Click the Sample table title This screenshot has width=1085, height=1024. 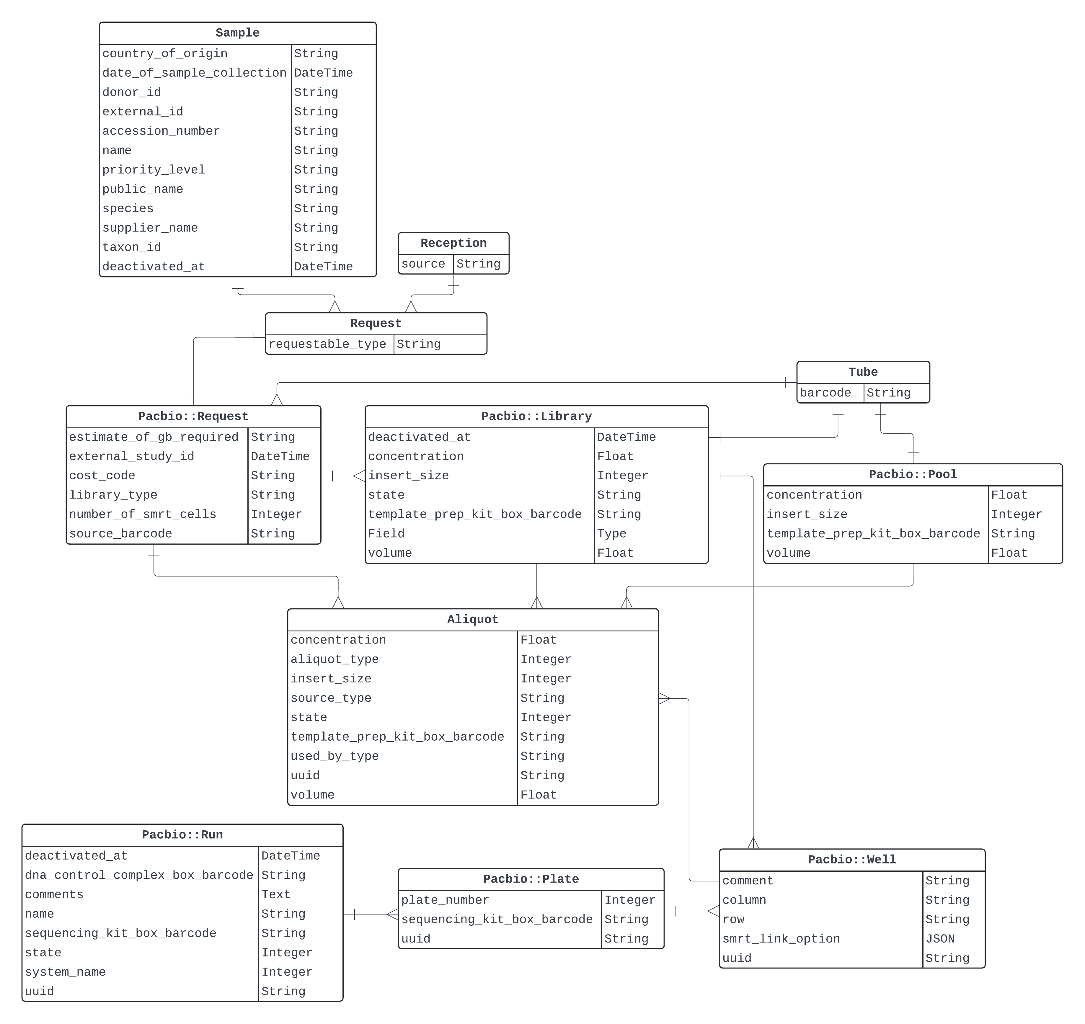click(x=238, y=33)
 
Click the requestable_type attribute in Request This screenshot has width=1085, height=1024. click(x=327, y=344)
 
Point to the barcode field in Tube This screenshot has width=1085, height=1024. click(x=825, y=393)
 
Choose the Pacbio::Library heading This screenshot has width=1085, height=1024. click(x=536, y=417)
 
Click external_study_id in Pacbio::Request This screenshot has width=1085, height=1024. click(x=132, y=456)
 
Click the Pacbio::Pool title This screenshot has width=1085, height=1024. click(x=913, y=474)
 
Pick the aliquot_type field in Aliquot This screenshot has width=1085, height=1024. click(x=334, y=659)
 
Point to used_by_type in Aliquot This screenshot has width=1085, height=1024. click(x=334, y=757)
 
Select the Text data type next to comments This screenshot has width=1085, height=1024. click(x=276, y=895)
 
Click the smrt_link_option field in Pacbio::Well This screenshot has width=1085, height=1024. click(x=781, y=939)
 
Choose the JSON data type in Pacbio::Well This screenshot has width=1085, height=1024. click(x=940, y=939)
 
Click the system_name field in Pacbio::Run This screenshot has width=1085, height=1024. click(x=65, y=972)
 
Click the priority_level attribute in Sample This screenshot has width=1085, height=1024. click(x=154, y=170)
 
